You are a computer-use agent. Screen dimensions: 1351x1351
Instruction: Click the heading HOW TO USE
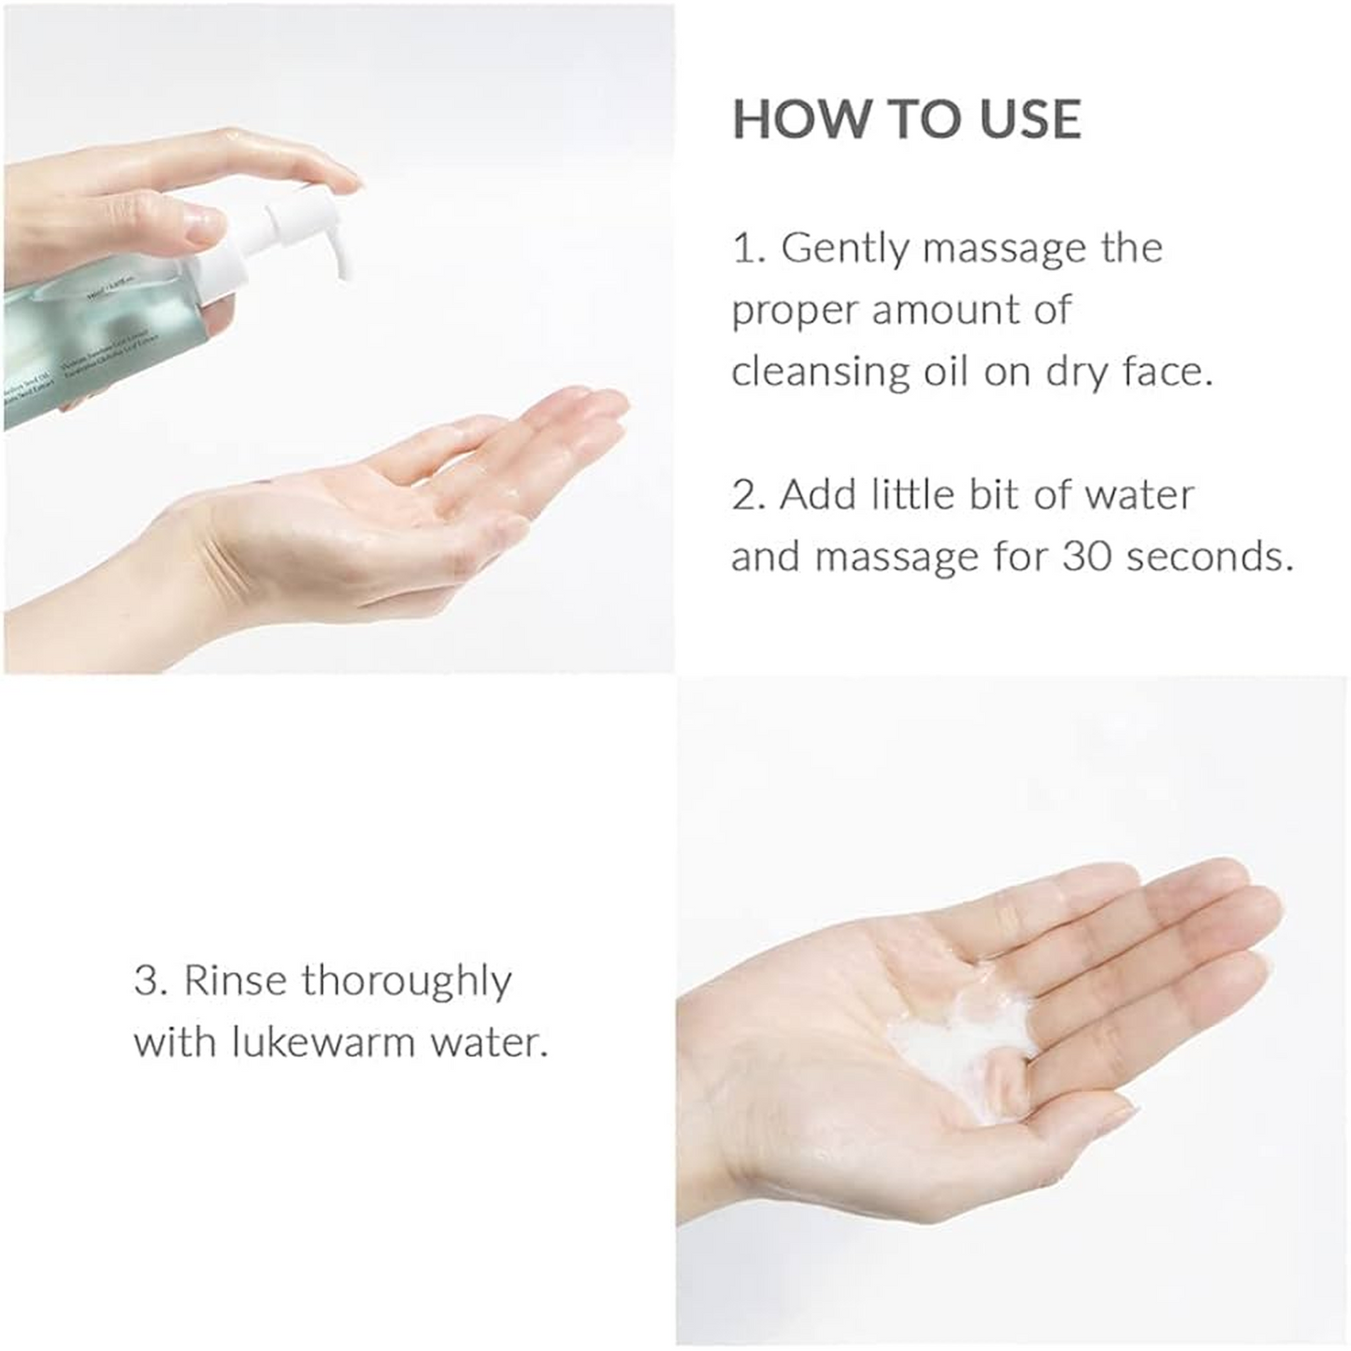coord(906,119)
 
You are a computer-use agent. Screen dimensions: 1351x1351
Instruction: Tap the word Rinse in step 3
coord(236,981)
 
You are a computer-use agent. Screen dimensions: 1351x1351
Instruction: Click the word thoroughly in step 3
coord(407,983)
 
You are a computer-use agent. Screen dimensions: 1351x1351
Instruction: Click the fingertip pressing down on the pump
coord(332,178)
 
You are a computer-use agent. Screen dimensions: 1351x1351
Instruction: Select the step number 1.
coord(746,250)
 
